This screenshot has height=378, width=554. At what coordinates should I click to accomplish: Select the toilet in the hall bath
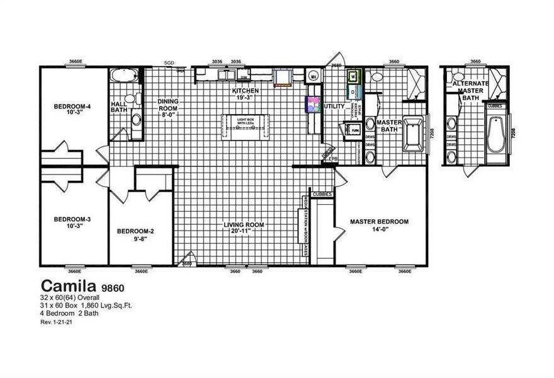[x=130, y=98]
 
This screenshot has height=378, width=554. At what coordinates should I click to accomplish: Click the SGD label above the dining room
[x=169, y=63]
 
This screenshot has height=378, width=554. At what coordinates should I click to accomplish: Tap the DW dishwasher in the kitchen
[x=244, y=77]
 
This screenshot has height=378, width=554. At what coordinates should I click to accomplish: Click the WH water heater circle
[x=313, y=77]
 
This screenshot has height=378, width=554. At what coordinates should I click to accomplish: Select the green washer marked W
[x=354, y=77]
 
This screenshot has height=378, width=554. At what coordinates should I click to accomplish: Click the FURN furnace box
[x=354, y=130]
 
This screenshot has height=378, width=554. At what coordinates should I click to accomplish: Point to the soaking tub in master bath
[x=413, y=134]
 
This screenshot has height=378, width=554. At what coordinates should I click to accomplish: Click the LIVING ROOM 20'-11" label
[x=244, y=228]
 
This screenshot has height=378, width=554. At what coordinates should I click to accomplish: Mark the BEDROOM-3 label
[x=72, y=222]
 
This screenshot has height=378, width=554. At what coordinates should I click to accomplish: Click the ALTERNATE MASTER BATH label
[x=470, y=90]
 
